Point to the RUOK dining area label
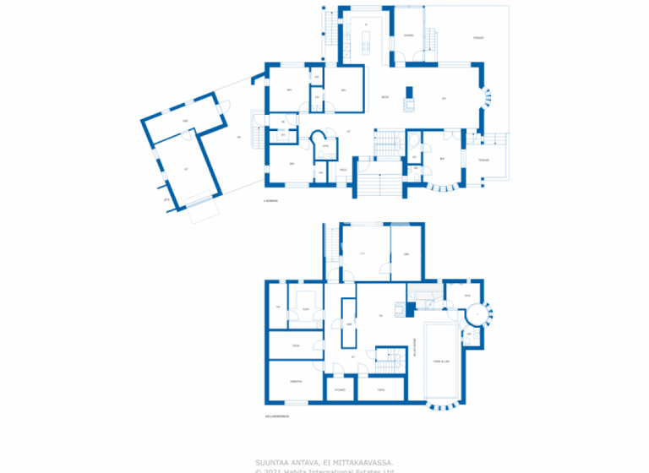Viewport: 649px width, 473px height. [384, 98]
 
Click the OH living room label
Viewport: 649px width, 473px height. [443, 98]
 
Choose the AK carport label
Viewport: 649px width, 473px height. [239, 138]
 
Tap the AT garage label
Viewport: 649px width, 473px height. [185, 168]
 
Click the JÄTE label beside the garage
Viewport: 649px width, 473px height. [166, 199]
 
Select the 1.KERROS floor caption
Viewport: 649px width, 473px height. [270, 201]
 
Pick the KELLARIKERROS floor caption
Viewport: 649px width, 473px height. [275, 416]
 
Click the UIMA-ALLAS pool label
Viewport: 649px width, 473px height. [440, 362]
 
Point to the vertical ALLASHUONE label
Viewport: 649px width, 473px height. [415, 348]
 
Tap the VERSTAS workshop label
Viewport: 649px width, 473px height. [296, 381]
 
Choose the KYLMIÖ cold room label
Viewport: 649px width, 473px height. [340, 389]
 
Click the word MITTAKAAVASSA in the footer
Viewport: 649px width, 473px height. [357, 462]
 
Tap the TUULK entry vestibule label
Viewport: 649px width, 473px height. [344, 170]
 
